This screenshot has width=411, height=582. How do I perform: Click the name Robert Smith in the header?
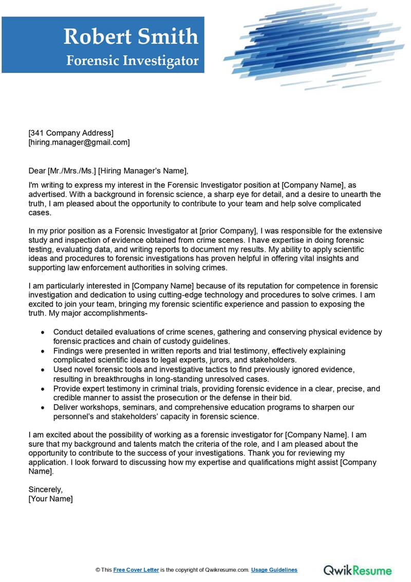pos(130,36)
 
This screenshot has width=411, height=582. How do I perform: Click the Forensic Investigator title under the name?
pos(132,61)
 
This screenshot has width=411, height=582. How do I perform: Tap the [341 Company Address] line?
pos(71,133)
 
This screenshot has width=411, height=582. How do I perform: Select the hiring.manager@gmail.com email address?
pos(79,142)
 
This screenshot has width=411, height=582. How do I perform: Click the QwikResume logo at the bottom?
pos(358,570)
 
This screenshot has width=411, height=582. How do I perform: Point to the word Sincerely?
pos(45,489)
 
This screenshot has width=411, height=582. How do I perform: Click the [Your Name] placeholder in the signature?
pos(50,499)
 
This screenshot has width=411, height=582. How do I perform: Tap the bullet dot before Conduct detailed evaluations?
pos(43,333)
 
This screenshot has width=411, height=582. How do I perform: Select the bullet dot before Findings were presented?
pos(43,351)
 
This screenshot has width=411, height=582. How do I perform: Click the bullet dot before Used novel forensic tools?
pos(43,370)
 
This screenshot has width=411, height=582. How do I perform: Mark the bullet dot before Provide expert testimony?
pos(43,389)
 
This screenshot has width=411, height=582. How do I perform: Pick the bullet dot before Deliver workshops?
pos(43,407)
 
